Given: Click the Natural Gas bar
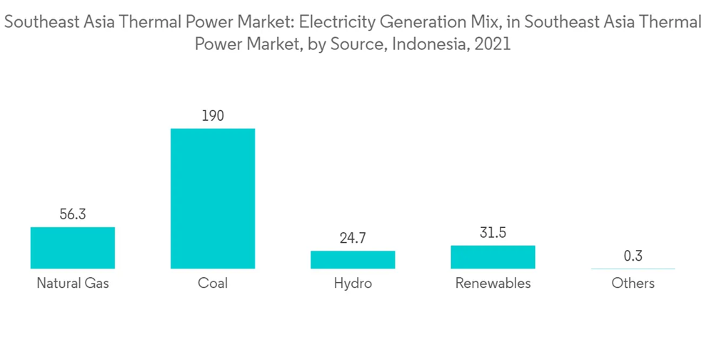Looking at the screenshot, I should pyautogui.click(x=73, y=248).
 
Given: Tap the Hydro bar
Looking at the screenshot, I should pyautogui.click(x=353, y=259).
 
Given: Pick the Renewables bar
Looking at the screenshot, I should pyautogui.click(x=493, y=257).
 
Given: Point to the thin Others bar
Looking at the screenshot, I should pyautogui.click(x=633, y=269).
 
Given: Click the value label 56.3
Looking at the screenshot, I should pyautogui.click(x=73, y=214).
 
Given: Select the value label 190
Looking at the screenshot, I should pyautogui.click(x=213, y=116).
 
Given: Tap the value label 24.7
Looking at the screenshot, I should pyautogui.click(x=353, y=239).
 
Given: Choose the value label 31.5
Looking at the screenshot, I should pyautogui.click(x=493, y=234).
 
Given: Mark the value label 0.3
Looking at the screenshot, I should pyautogui.click(x=633, y=256).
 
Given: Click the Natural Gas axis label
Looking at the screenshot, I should pyautogui.click(x=73, y=284).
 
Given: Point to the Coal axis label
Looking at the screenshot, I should pyautogui.click(x=213, y=284).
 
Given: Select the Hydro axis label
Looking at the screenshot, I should pyautogui.click(x=353, y=284).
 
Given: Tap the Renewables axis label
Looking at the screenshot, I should pyautogui.click(x=493, y=284).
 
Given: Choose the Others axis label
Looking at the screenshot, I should pyautogui.click(x=633, y=284).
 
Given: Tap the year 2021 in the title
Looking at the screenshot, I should pyautogui.click(x=493, y=44).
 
